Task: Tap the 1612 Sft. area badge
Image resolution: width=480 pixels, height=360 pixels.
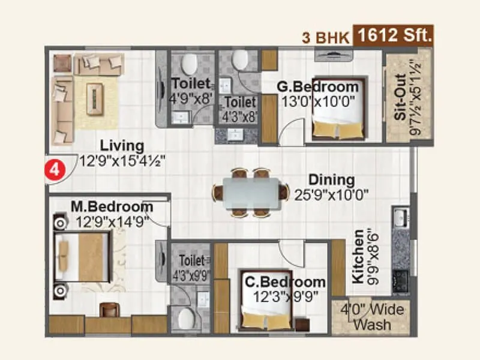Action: pyautogui.click(x=394, y=35)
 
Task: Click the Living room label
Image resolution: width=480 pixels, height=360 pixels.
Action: pyautogui.click(x=122, y=146)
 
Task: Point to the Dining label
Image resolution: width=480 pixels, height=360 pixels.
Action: pyautogui.click(x=331, y=180)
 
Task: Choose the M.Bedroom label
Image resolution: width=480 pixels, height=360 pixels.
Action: pyautogui.click(x=112, y=207)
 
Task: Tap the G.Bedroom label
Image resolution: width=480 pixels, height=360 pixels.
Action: pyautogui.click(x=317, y=86)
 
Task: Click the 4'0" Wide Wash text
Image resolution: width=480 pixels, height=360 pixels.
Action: pyautogui.click(x=373, y=317)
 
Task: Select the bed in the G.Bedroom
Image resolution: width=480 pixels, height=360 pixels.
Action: pyautogui.click(x=338, y=109)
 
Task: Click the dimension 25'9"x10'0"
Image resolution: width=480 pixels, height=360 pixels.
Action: pyautogui.click(x=331, y=194)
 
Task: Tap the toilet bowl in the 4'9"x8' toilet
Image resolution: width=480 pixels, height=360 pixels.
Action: pyautogui.click(x=190, y=62)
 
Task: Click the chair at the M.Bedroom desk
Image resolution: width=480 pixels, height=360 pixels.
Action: pyautogui.click(x=110, y=309)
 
